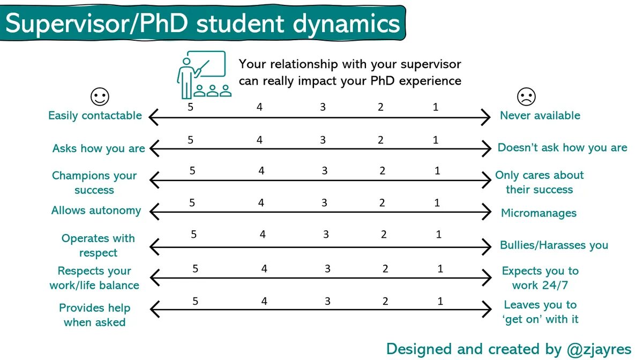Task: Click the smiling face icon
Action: [x=100, y=97]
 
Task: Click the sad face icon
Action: [x=526, y=97]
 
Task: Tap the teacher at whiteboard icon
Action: [x=203, y=74]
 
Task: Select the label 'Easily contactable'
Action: [x=95, y=116]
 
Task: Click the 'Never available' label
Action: [x=540, y=116]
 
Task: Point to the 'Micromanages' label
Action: [x=539, y=213]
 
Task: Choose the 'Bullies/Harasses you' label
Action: [x=554, y=245]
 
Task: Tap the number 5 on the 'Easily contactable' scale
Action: [x=190, y=107]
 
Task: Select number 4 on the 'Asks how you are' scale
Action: [x=259, y=140]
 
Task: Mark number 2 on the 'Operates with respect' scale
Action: [x=384, y=235]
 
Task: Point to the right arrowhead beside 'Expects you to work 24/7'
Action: [x=488, y=278]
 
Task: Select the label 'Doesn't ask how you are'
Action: [x=562, y=148]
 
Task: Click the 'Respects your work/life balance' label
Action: [x=94, y=278]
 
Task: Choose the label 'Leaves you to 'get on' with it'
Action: [x=540, y=312]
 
